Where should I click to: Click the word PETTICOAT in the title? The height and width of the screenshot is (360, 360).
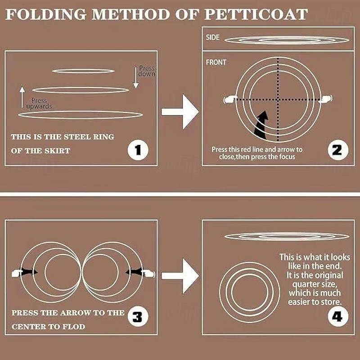pyautogui.click(x=256, y=14)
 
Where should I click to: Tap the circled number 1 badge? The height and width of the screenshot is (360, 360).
pyautogui.click(x=138, y=150)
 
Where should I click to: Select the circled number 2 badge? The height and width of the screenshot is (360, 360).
pyautogui.click(x=338, y=150)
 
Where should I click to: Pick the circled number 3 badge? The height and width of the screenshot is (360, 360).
pyautogui.click(x=138, y=317)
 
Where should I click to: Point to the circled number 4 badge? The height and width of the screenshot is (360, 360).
pyautogui.click(x=338, y=317)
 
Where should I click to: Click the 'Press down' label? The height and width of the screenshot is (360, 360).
pyautogui.click(x=147, y=71)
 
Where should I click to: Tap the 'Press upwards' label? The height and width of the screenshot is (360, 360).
pyautogui.click(x=39, y=103)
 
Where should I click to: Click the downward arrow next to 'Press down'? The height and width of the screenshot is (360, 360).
pyautogui.click(x=136, y=77)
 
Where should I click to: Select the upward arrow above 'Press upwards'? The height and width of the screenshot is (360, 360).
pyautogui.click(x=22, y=97)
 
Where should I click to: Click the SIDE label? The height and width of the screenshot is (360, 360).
pyautogui.click(x=212, y=37)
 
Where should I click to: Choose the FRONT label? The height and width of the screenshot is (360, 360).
pyautogui.click(x=216, y=62)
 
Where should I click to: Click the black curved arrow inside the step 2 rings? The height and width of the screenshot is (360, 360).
pyautogui.click(x=262, y=126)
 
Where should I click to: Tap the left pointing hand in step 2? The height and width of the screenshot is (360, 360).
pyautogui.click(x=230, y=99)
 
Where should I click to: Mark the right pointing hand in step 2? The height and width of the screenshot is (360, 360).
pyautogui.click(x=325, y=99)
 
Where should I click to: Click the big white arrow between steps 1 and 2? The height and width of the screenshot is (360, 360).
pyautogui.click(x=180, y=112)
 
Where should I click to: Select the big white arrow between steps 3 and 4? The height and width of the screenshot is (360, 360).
pyautogui.click(x=180, y=276)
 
